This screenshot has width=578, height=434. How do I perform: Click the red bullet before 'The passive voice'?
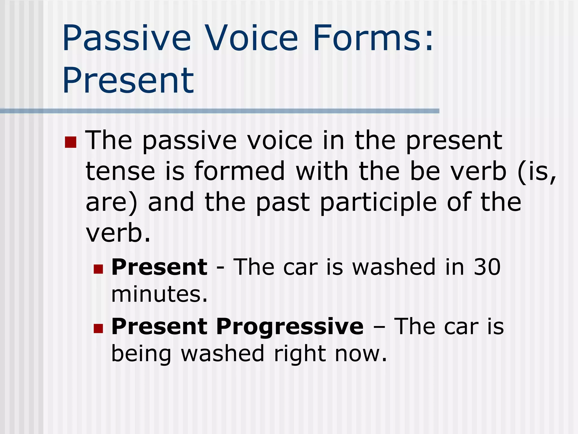tap(71, 142)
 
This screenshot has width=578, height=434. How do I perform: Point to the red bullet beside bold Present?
tap(98, 269)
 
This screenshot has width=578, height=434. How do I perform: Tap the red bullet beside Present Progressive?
tap(98, 328)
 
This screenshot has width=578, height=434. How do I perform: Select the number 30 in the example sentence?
tap(487, 267)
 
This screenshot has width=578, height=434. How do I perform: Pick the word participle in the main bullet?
tap(378, 203)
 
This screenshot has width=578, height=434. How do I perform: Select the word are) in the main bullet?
tap(111, 203)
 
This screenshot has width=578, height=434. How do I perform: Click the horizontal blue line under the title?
tap(220, 111)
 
